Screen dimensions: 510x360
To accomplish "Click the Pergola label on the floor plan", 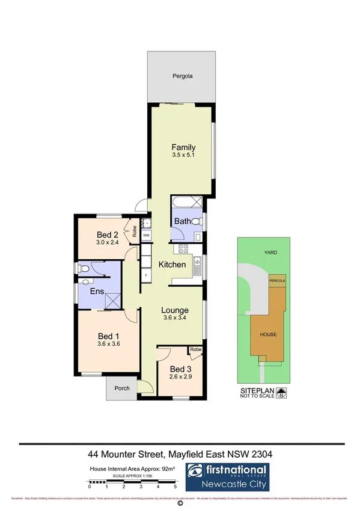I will (x=182, y=77).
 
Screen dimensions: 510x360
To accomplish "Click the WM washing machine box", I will (x=146, y=235).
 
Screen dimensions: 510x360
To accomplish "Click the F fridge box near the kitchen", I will (x=145, y=275).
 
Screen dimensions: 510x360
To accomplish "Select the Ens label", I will (x=98, y=292).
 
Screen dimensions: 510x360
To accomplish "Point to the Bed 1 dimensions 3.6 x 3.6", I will (x=109, y=345).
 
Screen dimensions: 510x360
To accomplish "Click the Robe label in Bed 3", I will (x=195, y=349).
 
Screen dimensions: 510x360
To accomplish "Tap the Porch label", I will (x=122, y=389).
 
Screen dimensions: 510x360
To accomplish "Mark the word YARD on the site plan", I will (x=271, y=253).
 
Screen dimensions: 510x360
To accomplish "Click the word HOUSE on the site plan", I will (x=268, y=334).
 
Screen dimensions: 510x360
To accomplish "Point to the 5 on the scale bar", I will (x=175, y=486).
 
